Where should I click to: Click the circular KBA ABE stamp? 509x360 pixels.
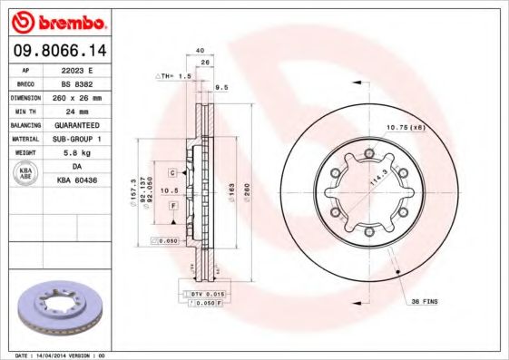click(27, 172)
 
